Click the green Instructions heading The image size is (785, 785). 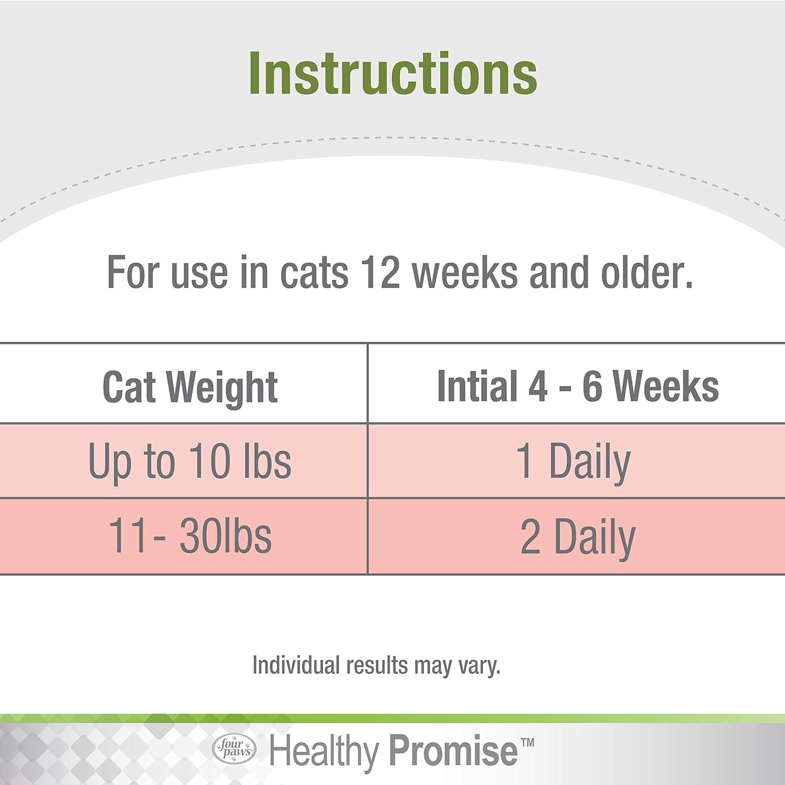(392, 74)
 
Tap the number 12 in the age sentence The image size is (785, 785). (380, 273)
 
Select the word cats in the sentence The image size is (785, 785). (314, 273)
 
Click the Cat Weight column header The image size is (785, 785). (190, 387)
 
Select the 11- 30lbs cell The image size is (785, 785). (189, 536)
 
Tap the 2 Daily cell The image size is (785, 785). (578, 537)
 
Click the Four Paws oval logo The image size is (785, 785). (234, 749)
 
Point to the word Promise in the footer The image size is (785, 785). (453, 751)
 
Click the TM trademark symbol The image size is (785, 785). (528, 742)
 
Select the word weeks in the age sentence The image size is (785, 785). (465, 273)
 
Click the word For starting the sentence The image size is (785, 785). (133, 273)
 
